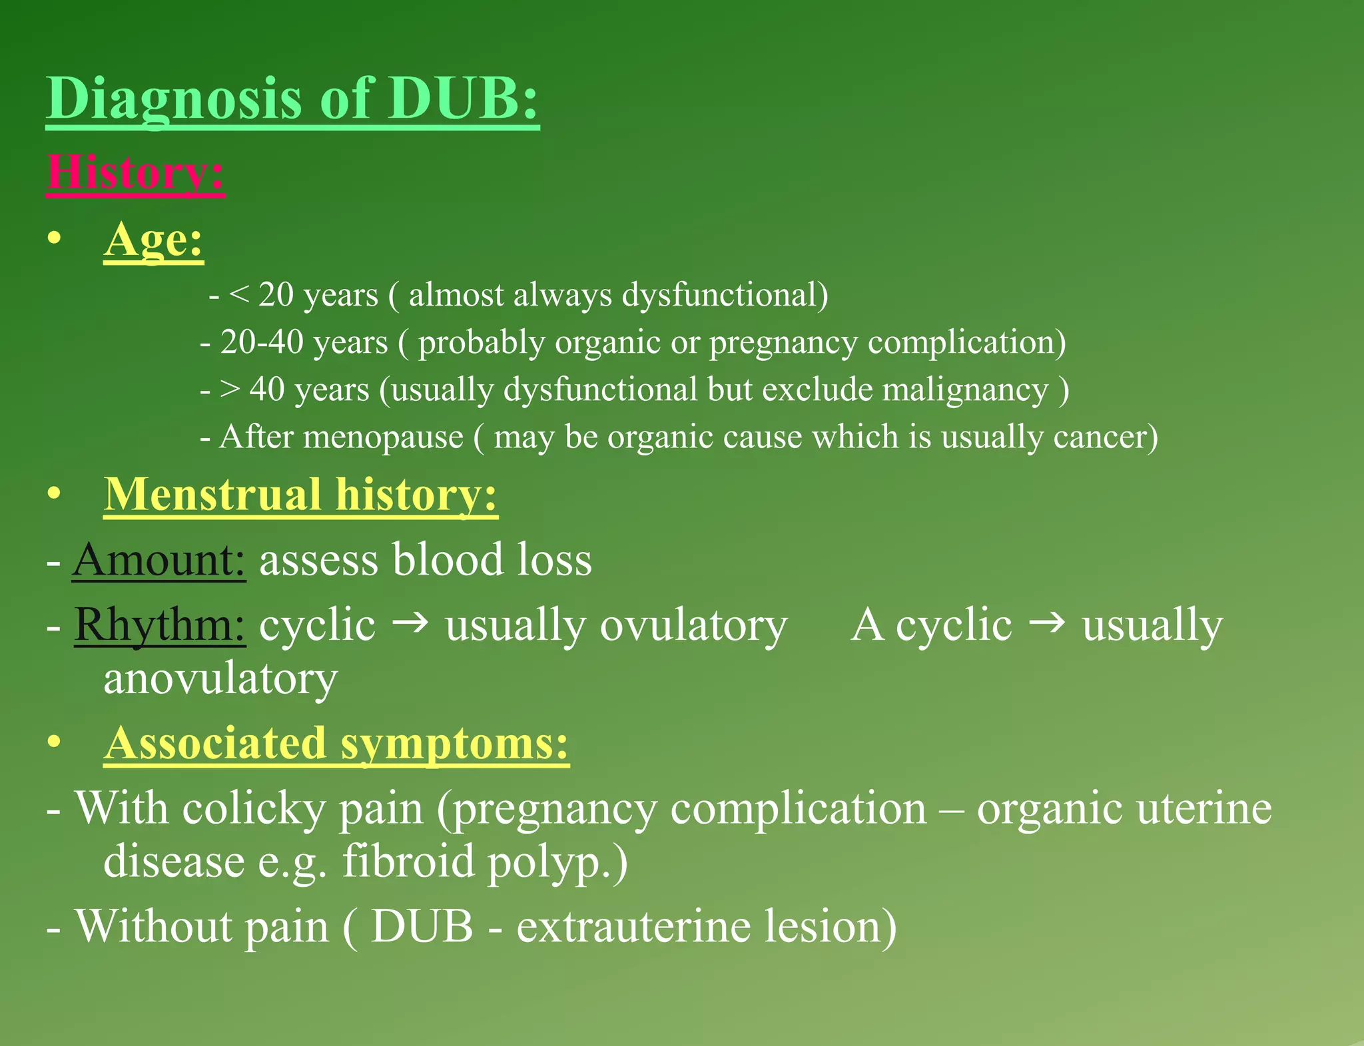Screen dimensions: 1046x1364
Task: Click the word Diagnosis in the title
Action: [174, 99]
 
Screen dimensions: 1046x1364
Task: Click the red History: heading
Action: [135, 173]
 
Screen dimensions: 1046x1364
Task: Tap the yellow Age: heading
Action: [153, 240]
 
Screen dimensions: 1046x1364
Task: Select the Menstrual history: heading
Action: [300, 495]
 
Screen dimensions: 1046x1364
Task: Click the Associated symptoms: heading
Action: [336, 743]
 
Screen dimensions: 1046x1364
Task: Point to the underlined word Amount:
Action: [159, 559]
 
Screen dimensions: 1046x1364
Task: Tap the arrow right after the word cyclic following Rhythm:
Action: [410, 623]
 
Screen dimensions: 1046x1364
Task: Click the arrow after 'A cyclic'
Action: [1047, 623]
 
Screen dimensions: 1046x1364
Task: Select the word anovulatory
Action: [220, 679]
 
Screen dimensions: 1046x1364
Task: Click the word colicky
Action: [254, 809]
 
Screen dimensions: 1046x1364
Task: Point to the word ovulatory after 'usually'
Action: [693, 626]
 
